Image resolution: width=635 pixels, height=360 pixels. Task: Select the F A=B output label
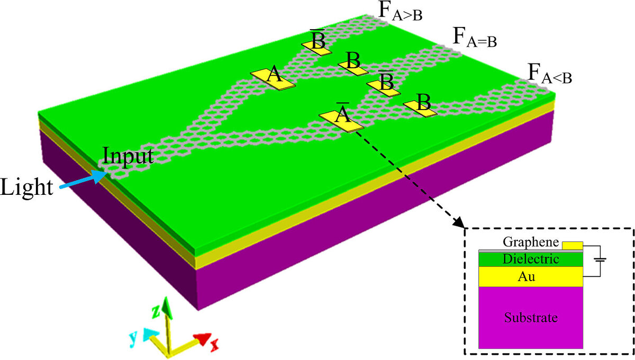[x=474, y=39]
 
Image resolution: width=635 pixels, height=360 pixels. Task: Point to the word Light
[x=27, y=188]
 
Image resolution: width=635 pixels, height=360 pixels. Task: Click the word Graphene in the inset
[x=531, y=242]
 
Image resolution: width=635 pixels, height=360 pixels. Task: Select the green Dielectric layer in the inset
[x=530, y=259]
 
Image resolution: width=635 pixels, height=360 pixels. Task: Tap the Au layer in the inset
[x=530, y=276]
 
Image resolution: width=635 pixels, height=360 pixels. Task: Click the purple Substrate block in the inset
[x=530, y=318]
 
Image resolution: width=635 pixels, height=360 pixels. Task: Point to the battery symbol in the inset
[x=599, y=260]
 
